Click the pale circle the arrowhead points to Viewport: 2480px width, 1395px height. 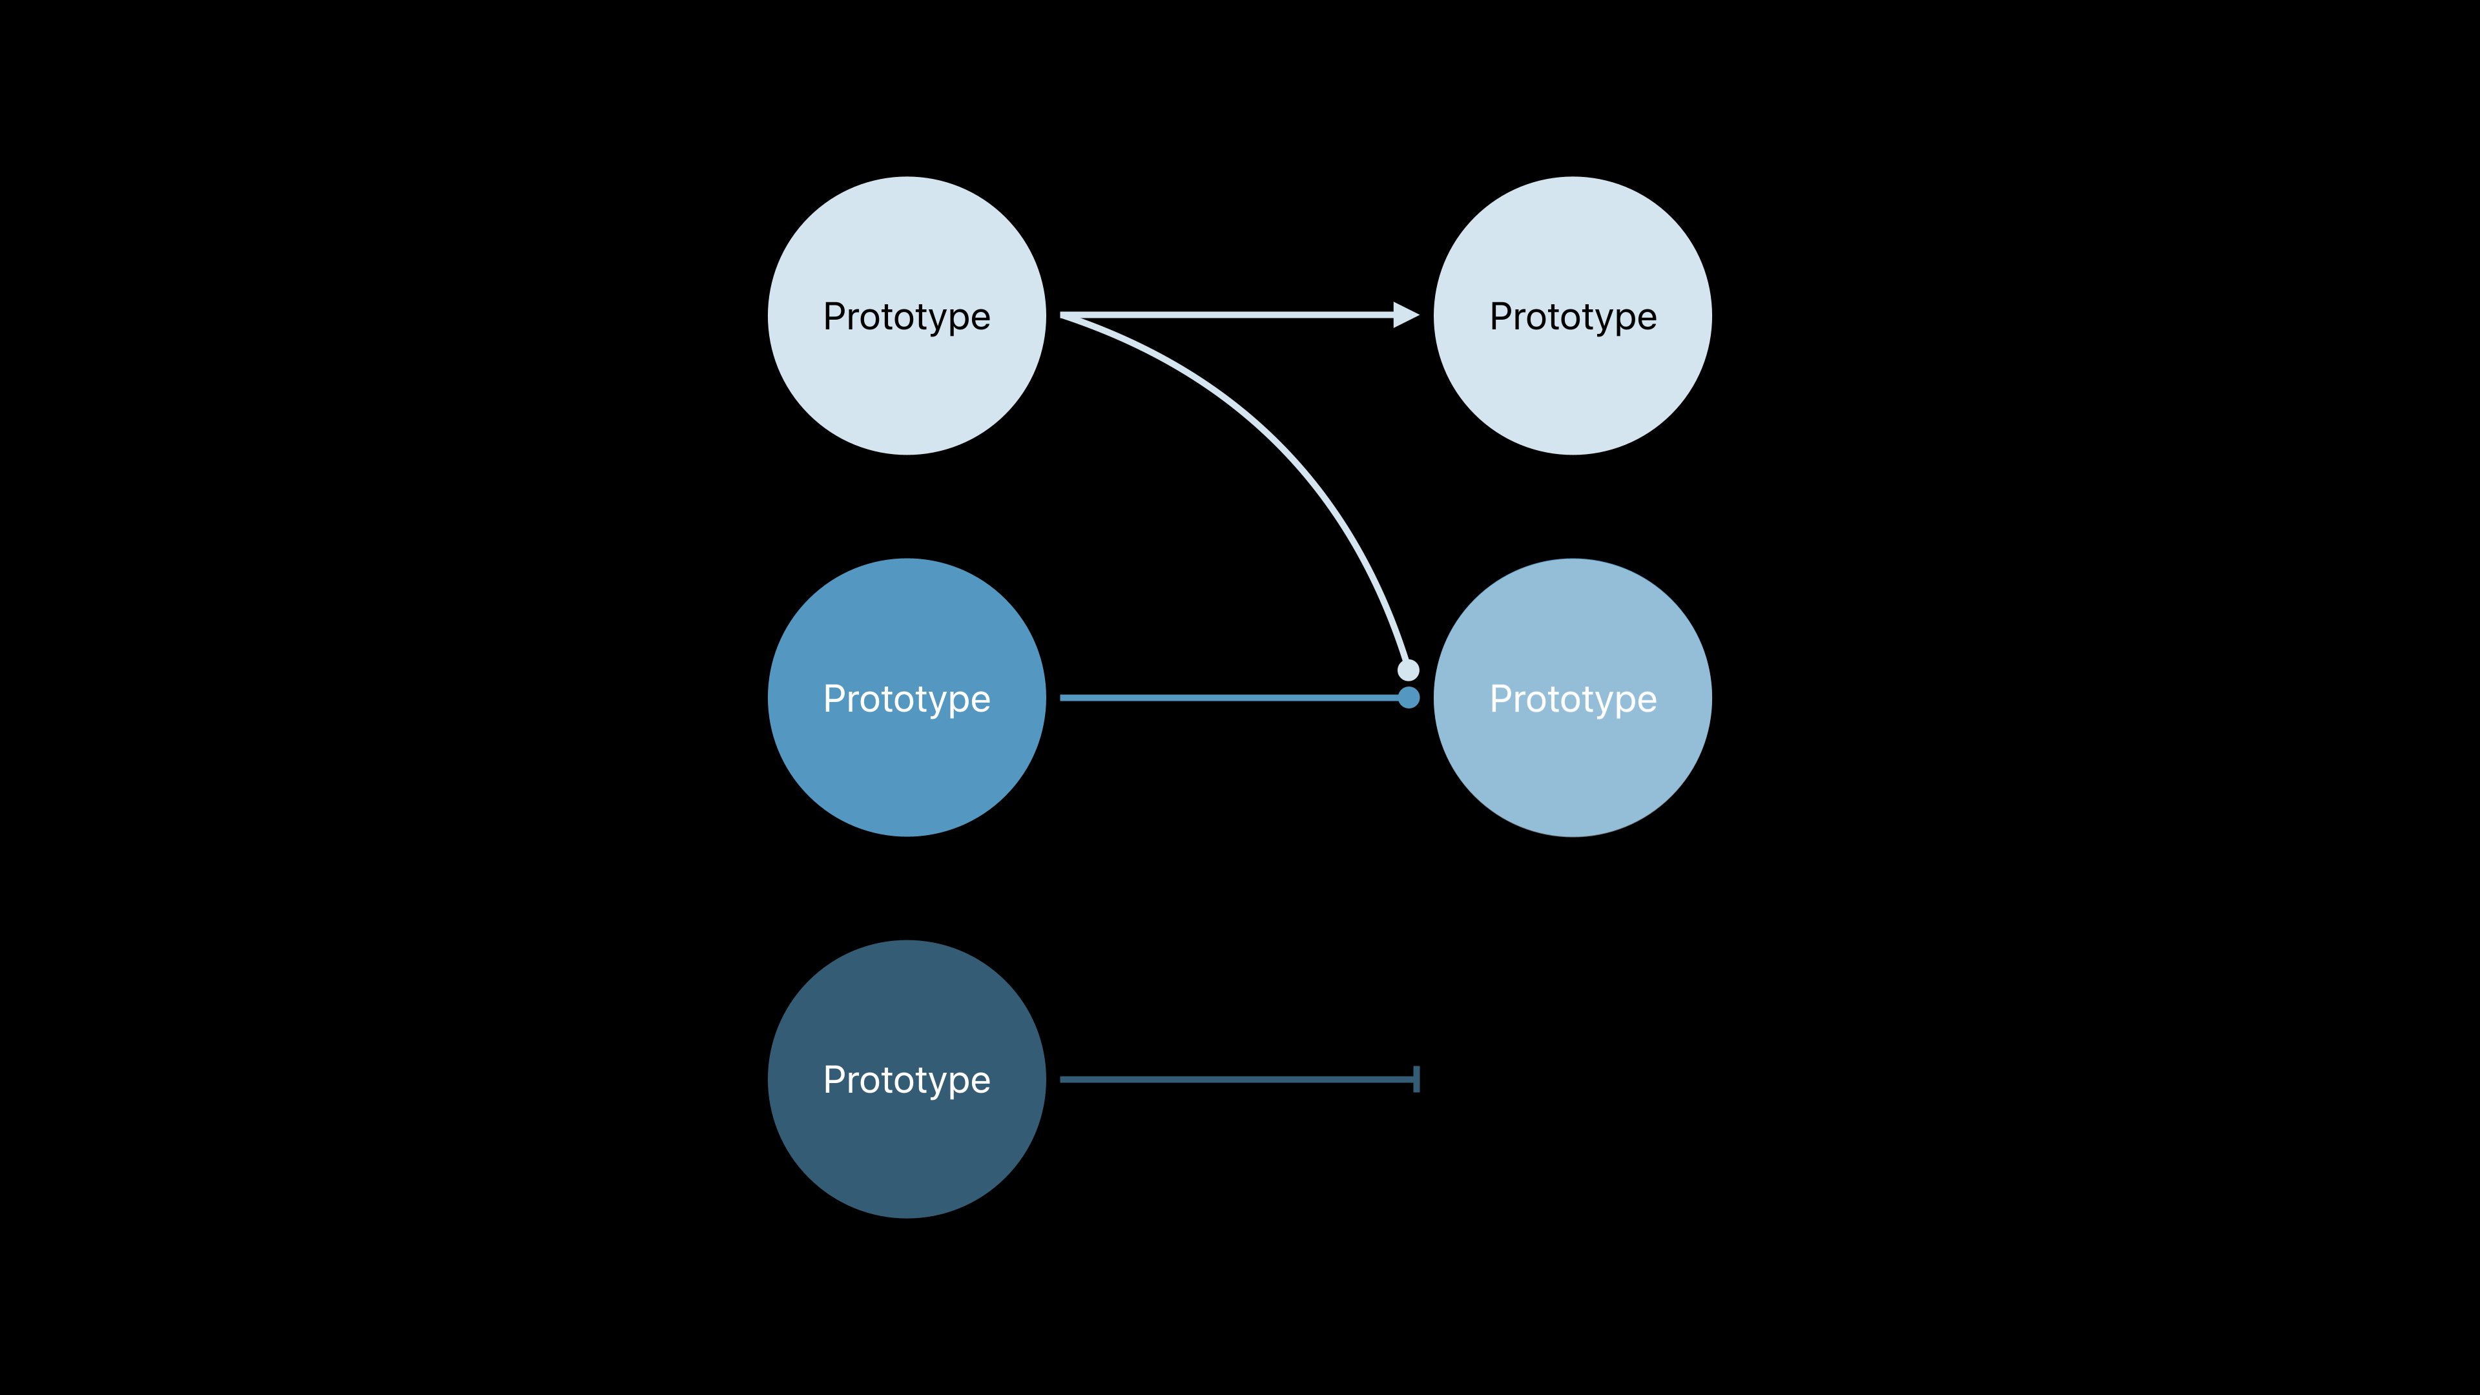point(1572,385)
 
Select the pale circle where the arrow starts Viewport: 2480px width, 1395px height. point(906,385)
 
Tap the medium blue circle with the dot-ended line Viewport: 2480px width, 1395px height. point(906,770)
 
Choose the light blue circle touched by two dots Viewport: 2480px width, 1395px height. point(1572,770)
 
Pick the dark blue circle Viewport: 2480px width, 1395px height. point(906,1146)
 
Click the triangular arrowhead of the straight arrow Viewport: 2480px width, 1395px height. point(1405,315)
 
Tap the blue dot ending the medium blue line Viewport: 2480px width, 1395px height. point(1409,697)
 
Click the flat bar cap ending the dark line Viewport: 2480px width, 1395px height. point(1416,1079)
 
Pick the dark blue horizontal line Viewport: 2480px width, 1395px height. point(1232,1079)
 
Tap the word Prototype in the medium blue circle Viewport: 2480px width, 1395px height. point(906,698)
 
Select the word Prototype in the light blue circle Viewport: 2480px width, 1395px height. point(1572,698)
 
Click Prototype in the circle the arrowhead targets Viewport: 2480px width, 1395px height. point(1572,316)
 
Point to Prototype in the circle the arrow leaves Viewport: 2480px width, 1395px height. point(906,316)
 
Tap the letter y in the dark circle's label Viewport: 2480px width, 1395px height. point(932,1082)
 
